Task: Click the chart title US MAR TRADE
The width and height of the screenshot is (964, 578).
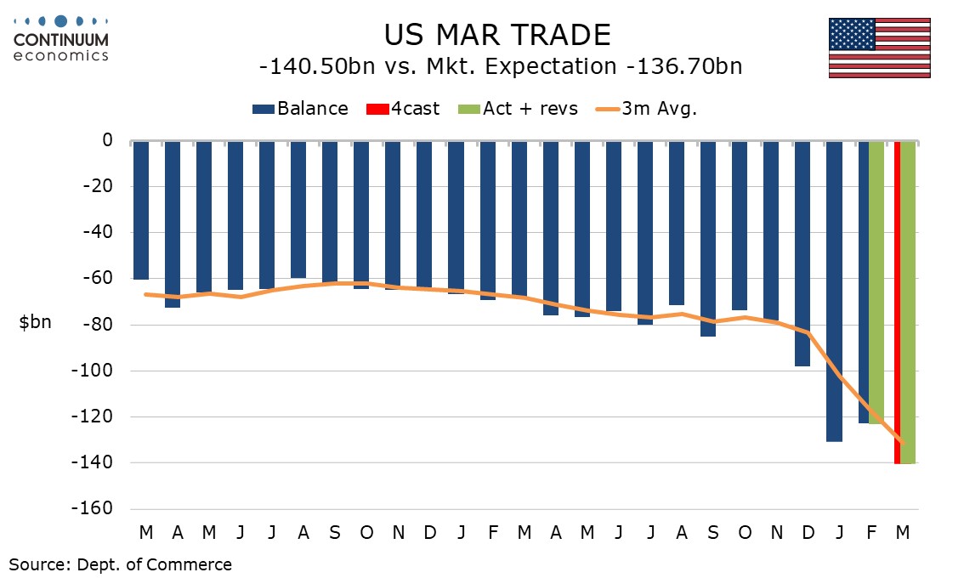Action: coord(496,36)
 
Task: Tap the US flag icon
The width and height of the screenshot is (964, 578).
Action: coord(879,48)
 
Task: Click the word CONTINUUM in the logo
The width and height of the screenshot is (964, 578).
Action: coord(61,40)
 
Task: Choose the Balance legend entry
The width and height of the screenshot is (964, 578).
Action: coord(300,109)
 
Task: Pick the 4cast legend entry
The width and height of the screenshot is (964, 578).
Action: coord(403,109)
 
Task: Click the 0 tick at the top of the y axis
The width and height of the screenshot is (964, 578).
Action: coord(107,140)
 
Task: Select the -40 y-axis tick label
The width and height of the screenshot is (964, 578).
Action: coord(99,232)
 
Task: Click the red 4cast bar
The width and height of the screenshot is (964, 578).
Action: coord(897,302)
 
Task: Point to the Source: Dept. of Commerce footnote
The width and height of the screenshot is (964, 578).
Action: coord(120,564)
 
